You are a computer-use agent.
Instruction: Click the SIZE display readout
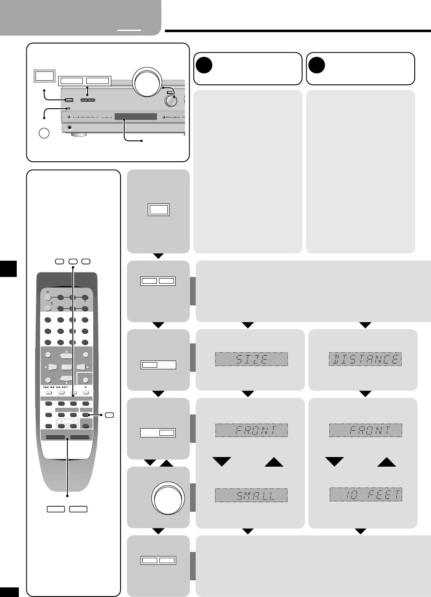click(x=251, y=359)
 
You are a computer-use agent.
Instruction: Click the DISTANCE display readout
click(x=365, y=359)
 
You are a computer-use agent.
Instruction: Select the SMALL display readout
click(x=251, y=495)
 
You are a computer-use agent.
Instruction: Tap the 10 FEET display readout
click(x=366, y=495)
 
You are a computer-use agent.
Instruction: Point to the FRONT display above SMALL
click(x=251, y=430)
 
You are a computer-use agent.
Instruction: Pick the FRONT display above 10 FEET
click(x=365, y=430)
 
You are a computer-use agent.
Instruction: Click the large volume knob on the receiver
click(x=146, y=82)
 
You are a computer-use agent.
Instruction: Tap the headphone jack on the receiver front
click(x=69, y=127)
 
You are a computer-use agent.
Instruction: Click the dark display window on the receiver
click(x=136, y=117)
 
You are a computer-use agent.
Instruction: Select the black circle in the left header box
click(x=204, y=65)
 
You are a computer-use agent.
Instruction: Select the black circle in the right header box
click(x=317, y=65)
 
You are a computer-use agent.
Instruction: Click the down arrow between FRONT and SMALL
click(x=222, y=461)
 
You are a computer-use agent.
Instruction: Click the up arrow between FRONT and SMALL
click(x=274, y=461)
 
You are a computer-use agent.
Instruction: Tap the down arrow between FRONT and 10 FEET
click(x=334, y=461)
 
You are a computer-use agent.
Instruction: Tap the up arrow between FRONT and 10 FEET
click(x=387, y=461)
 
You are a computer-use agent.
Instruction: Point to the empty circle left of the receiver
click(x=44, y=133)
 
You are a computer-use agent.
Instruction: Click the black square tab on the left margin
click(x=8, y=269)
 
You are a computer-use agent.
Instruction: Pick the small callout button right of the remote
click(x=110, y=415)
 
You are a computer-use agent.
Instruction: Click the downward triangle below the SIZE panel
click(x=248, y=394)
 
